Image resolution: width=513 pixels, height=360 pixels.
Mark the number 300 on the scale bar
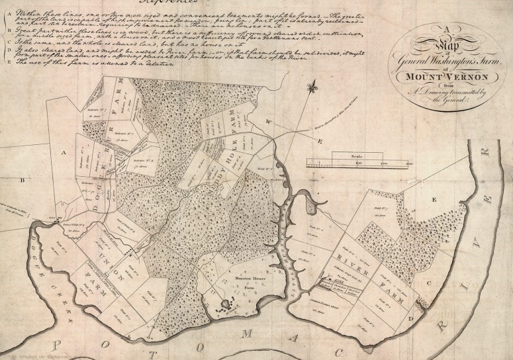pyautogui.click(x=409, y=162)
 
